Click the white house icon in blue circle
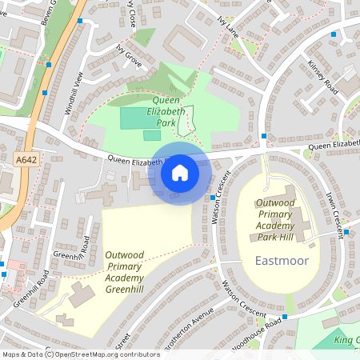tap(180, 172)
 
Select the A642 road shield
tap(26, 160)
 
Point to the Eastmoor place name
tap(281, 261)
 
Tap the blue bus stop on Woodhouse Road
tap(284, 316)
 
